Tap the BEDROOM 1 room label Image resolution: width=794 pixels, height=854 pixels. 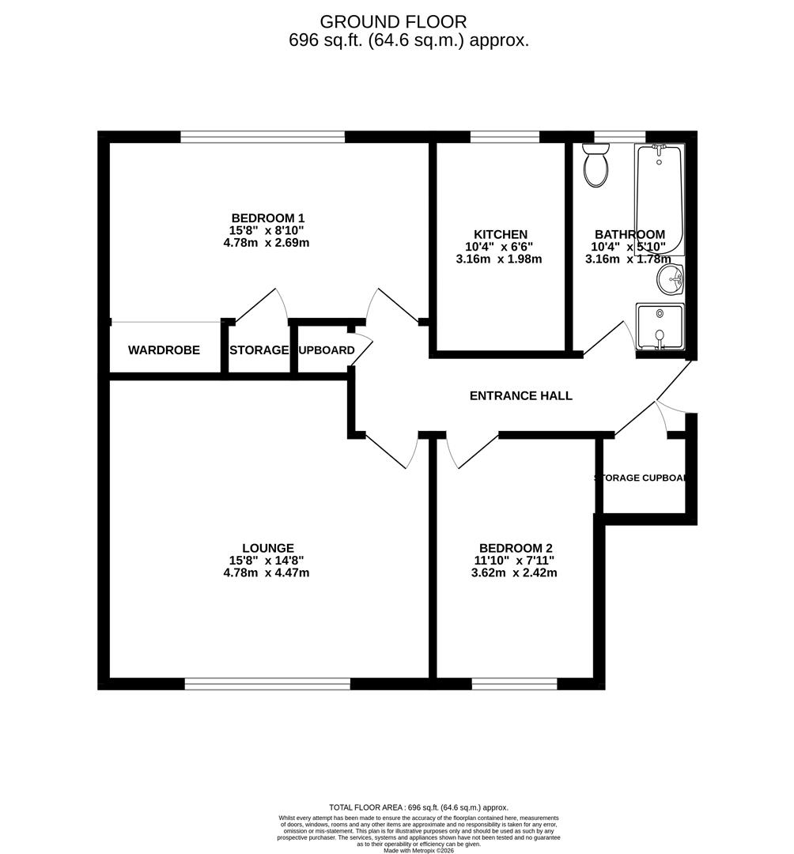[267, 218]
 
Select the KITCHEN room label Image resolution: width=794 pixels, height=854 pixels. [500, 235]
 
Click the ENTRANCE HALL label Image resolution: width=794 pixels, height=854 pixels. [520, 395]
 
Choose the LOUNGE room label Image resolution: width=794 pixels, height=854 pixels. [267, 548]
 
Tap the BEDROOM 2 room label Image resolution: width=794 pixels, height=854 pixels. [515, 548]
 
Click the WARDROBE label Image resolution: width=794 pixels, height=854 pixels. [164, 350]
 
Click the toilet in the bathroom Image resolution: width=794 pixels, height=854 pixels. [595, 164]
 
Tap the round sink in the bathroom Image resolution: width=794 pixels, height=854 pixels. [671, 278]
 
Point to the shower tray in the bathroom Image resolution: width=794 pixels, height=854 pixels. [660, 327]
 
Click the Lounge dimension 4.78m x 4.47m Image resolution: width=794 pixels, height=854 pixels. [267, 572]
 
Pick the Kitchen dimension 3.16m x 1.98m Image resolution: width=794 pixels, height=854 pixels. [500, 259]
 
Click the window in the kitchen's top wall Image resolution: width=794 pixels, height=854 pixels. [505, 137]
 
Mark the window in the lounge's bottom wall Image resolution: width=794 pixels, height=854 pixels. [267, 684]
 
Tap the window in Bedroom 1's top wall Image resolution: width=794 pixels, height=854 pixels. [263, 137]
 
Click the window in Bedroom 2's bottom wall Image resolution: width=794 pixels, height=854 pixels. [514, 684]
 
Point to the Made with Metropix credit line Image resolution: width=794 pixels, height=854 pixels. [419, 850]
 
